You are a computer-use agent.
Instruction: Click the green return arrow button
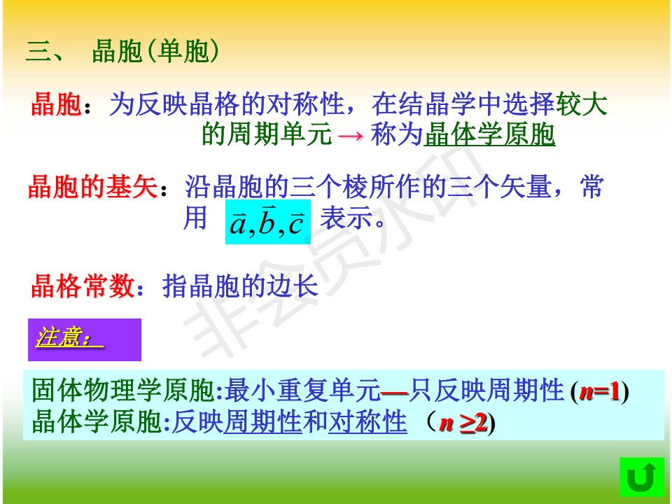coord(642,477)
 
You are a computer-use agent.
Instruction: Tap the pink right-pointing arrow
coord(351,136)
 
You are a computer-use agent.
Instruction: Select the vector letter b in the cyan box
coord(267,220)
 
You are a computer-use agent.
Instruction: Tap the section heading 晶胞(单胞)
coord(155,51)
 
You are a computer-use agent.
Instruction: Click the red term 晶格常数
coord(83,286)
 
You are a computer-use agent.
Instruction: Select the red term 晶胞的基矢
coord(93,187)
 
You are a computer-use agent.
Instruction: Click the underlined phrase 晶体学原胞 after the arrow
coord(489,134)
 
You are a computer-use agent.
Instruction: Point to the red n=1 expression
coord(600,391)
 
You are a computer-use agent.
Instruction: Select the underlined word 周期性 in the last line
coord(262,421)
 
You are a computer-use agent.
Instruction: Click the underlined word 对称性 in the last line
coord(367,421)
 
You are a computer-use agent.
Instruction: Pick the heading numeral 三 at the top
coord(38,51)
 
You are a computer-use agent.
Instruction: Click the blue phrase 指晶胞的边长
coord(240,286)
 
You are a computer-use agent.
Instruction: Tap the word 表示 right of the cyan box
coord(346,218)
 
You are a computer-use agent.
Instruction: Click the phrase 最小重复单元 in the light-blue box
coord(302,391)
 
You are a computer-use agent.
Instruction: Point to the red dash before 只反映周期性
coord(394,392)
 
